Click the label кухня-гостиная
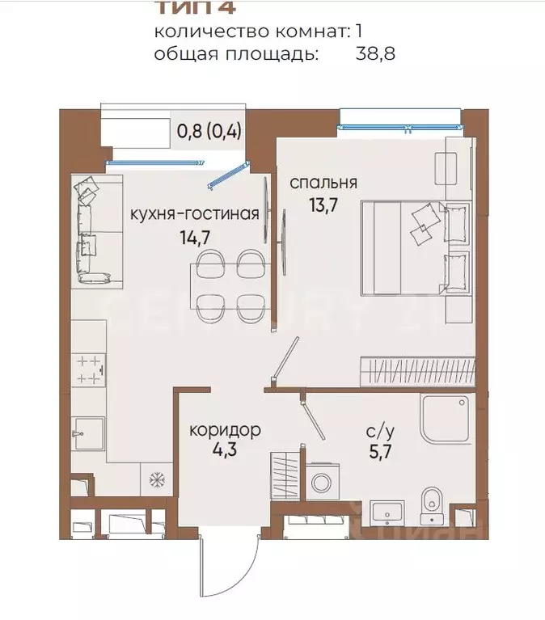195,214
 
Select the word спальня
323,182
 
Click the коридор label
225,429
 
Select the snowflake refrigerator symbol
154,479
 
